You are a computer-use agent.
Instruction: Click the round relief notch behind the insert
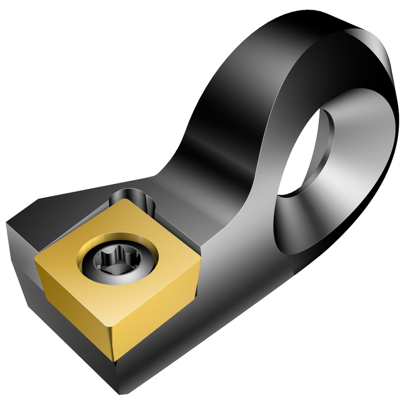(x=134, y=197)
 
